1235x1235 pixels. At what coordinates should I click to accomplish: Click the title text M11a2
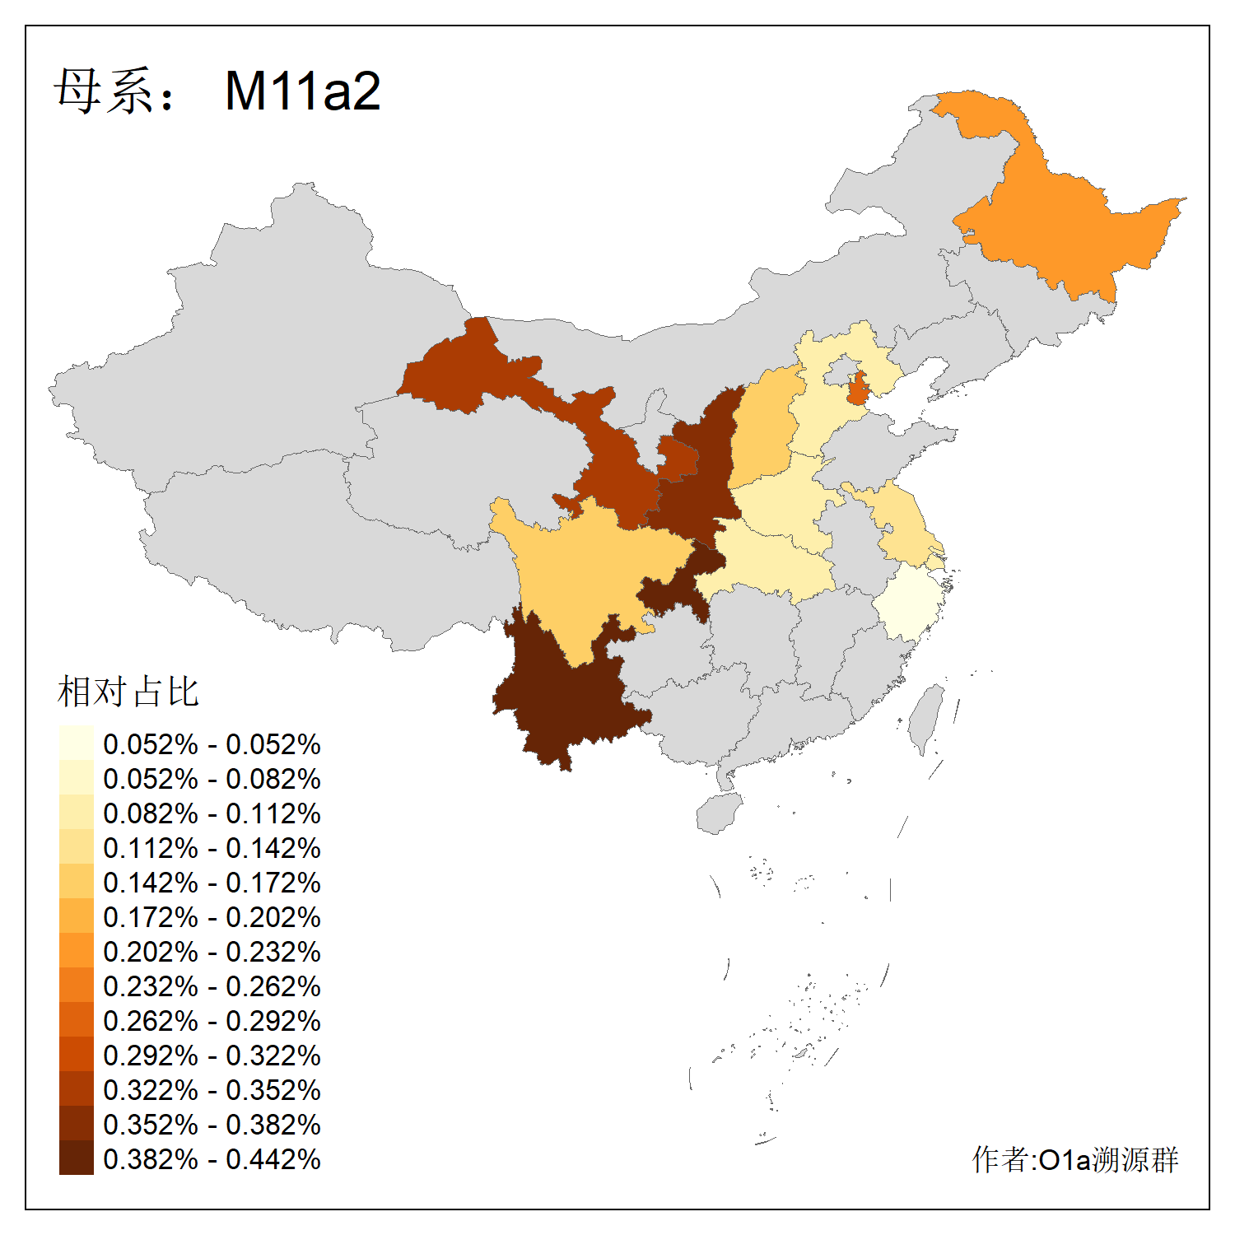click(302, 91)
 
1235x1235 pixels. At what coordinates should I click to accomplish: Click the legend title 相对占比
click(128, 692)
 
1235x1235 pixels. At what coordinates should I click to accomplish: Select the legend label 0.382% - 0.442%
click(212, 1159)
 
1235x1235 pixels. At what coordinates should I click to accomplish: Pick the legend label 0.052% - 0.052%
click(212, 744)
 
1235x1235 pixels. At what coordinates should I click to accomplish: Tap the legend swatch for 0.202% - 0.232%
click(76, 952)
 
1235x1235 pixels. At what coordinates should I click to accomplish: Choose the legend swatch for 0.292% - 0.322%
click(76, 1056)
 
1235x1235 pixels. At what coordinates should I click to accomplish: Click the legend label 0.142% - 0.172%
click(212, 883)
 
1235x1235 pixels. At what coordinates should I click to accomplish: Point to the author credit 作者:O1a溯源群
click(1074, 1159)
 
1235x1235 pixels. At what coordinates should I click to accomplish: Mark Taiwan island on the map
click(926, 716)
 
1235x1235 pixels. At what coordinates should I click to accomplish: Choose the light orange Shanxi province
click(762, 432)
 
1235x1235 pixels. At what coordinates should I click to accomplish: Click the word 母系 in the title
click(103, 91)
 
